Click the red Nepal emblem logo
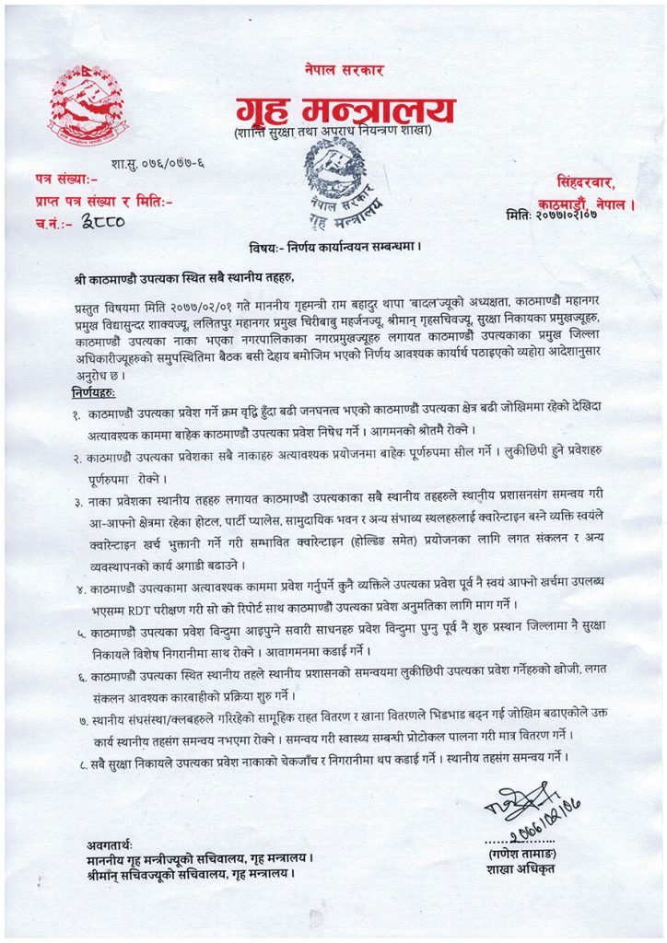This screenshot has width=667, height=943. pyautogui.click(x=88, y=103)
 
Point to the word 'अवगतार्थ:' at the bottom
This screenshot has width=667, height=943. pyautogui.click(x=106, y=844)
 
